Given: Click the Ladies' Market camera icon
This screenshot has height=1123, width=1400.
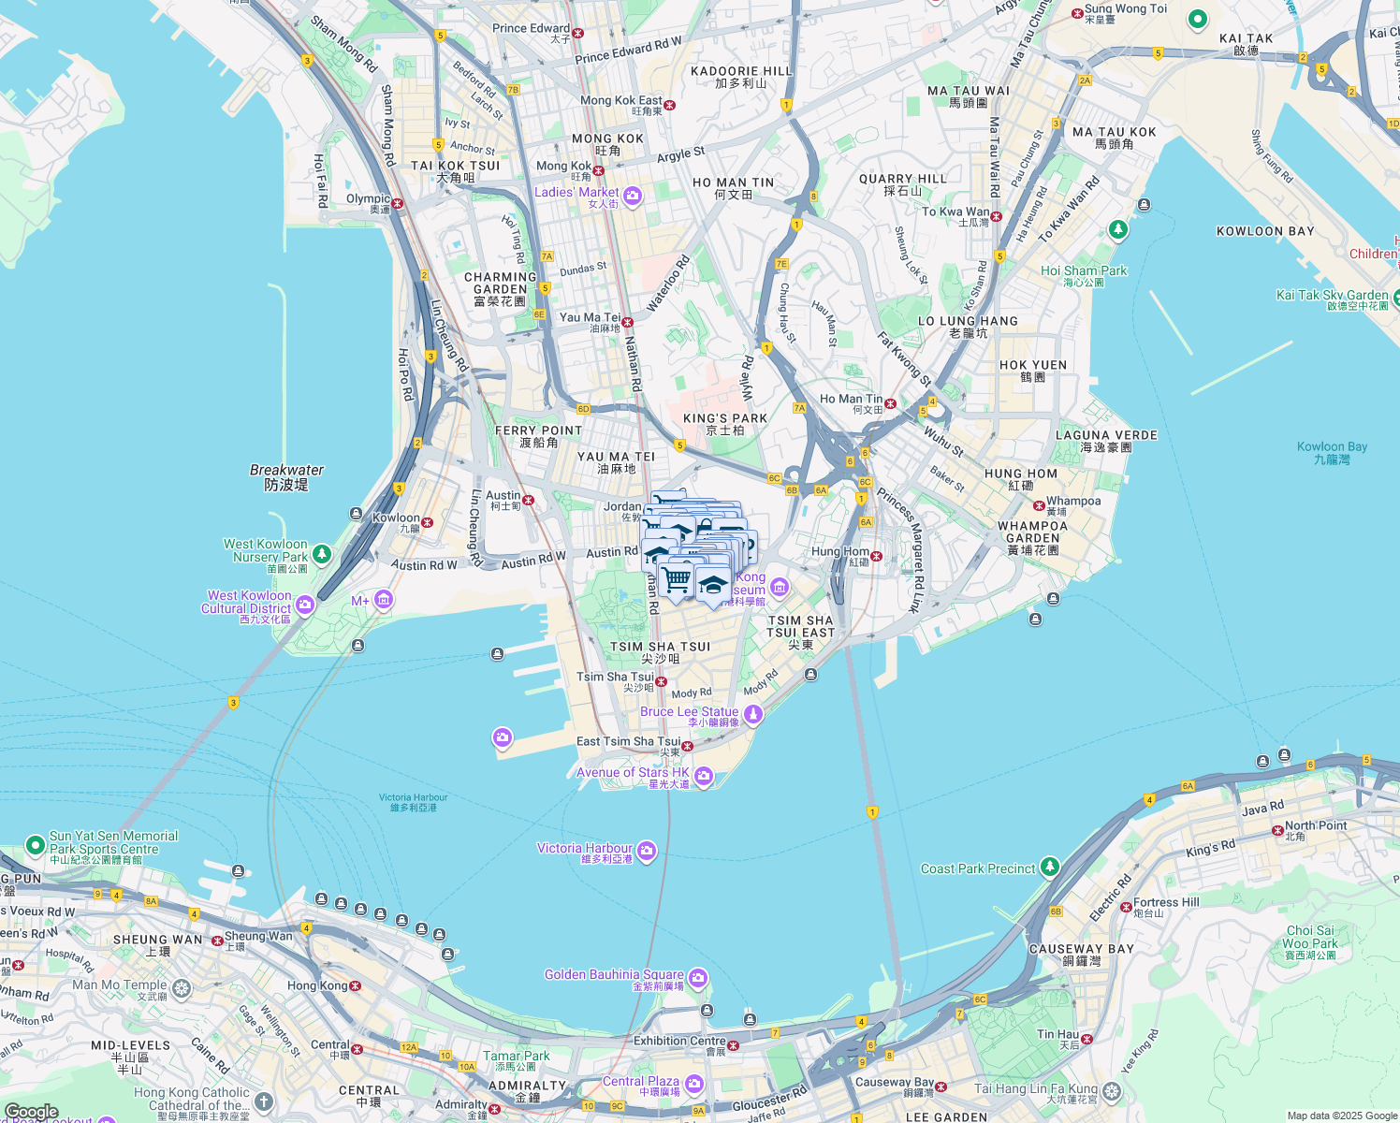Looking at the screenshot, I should click(x=633, y=196).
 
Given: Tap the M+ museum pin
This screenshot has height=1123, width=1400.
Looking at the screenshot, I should click(x=383, y=600).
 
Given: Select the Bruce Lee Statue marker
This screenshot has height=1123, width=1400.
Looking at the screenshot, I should click(x=753, y=715).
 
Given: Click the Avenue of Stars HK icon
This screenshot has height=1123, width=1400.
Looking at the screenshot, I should click(x=705, y=776).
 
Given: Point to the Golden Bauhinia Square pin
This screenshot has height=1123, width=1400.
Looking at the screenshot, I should click(x=698, y=979).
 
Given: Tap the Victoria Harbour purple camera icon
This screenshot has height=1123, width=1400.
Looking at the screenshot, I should click(x=647, y=852).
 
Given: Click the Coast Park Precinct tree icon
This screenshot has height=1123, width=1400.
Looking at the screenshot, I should click(x=1050, y=868).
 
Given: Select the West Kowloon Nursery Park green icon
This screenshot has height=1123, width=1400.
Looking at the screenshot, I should click(x=322, y=554).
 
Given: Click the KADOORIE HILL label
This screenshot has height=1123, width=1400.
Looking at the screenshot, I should click(x=741, y=71).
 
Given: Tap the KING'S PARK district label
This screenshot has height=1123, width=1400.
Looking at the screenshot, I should click(x=725, y=418).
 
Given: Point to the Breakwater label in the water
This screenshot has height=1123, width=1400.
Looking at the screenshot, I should click(x=286, y=470).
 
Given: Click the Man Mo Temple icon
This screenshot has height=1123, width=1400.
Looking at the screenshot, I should click(x=182, y=987).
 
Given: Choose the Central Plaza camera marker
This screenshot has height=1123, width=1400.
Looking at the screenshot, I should click(x=693, y=1084).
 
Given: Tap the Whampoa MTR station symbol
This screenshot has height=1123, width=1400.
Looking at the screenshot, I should click(x=1039, y=505).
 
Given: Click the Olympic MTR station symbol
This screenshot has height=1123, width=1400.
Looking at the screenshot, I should click(x=398, y=203).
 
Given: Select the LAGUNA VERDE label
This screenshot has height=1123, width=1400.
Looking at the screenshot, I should click(x=1106, y=435).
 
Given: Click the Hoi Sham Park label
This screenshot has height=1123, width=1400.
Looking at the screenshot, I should click(x=1084, y=270).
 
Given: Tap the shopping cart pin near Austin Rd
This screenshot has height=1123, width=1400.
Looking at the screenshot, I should click(x=676, y=579).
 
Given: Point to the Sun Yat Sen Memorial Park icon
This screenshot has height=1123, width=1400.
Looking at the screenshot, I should click(x=36, y=845).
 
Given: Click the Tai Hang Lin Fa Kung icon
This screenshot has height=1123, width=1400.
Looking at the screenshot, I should click(x=1111, y=1091).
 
